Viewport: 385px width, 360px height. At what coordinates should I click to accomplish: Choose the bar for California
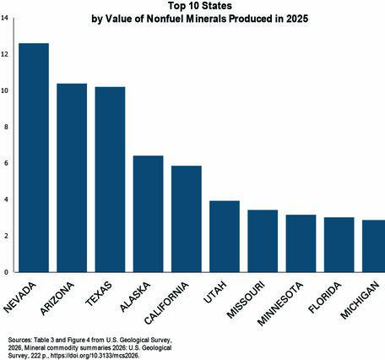186,219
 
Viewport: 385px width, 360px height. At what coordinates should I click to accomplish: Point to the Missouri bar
263,241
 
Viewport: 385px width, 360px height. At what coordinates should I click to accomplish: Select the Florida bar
339,245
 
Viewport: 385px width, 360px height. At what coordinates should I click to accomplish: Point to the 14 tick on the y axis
5,18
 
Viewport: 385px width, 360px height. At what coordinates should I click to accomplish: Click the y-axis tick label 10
5,90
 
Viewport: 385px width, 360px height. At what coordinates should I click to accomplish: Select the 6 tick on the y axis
7,163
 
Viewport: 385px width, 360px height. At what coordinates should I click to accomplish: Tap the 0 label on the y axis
7,272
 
